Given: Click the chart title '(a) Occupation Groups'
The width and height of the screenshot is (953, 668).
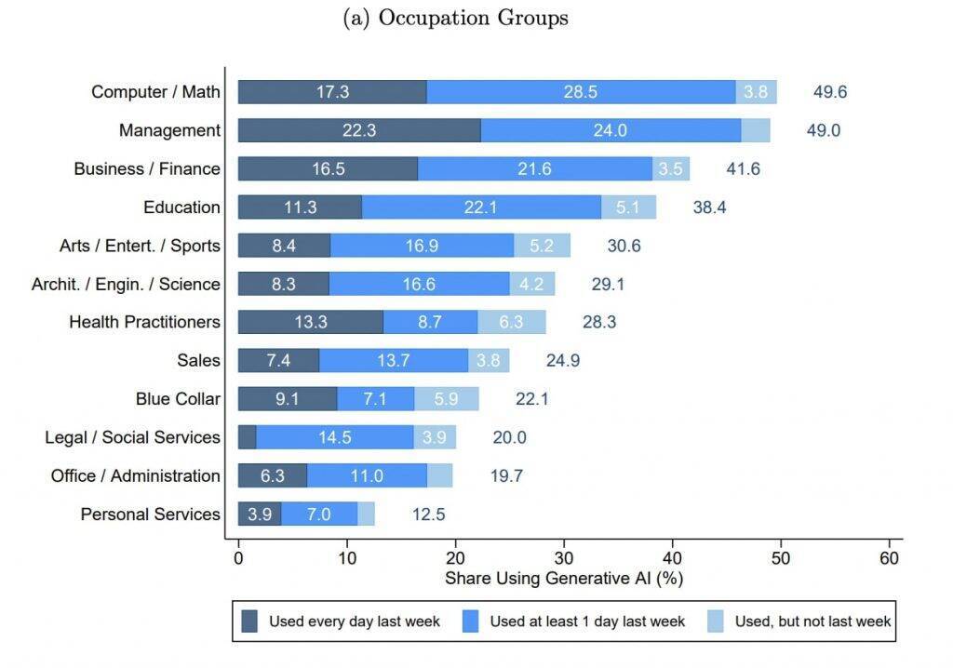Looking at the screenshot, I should [455, 18].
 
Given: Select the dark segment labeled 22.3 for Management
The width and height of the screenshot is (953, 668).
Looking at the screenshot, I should [359, 130].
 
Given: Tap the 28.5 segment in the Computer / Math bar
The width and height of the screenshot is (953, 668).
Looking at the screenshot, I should [581, 92].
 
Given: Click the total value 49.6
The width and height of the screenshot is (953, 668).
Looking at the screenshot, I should [829, 92].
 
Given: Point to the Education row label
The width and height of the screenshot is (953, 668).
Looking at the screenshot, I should [181, 207].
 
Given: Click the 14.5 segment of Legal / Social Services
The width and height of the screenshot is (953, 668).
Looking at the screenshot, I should [334, 437].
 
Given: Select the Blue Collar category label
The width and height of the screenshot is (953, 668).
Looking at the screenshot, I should [178, 399].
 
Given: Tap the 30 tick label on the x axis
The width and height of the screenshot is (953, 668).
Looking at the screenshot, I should [564, 558].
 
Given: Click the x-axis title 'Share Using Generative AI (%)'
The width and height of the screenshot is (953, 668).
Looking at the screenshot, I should [564, 579].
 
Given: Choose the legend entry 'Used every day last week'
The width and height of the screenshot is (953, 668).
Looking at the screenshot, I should [341, 621].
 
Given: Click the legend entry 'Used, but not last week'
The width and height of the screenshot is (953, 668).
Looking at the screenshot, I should [800, 621].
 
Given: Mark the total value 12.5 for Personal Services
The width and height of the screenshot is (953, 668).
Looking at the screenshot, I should [429, 514].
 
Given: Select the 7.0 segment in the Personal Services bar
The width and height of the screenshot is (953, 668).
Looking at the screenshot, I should [319, 514].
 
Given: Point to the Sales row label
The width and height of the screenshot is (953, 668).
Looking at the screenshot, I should [198, 360].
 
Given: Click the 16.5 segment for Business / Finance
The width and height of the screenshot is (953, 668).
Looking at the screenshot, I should [328, 168].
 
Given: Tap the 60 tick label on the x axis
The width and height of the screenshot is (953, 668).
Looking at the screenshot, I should [890, 558].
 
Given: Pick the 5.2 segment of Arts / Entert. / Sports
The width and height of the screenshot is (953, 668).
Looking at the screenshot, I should [543, 246].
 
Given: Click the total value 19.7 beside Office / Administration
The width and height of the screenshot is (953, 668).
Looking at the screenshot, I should [506, 475].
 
